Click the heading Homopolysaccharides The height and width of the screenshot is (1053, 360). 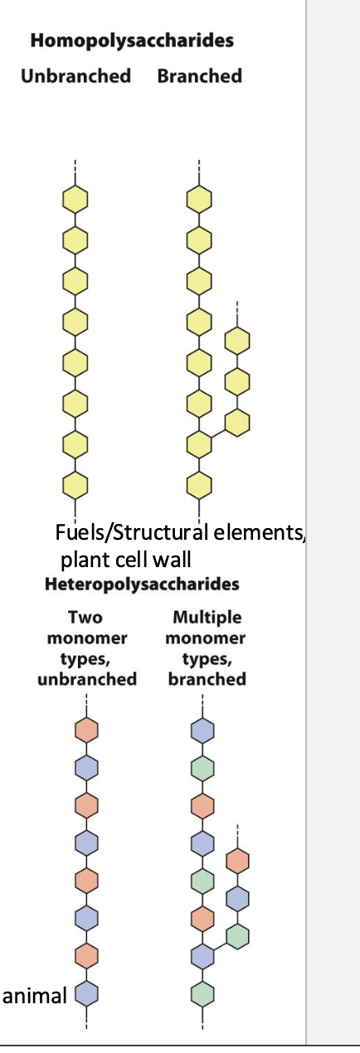pyautogui.click(x=132, y=41)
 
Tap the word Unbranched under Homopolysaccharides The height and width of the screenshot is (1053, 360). pyautogui.click(x=75, y=75)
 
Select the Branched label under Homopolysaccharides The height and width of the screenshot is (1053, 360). pyautogui.click(x=200, y=75)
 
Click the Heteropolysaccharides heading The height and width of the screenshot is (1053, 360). pyautogui.click(x=142, y=584)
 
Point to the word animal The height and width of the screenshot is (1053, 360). pyautogui.click(x=35, y=996)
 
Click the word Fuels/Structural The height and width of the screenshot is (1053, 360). pyautogui.click(x=132, y=533)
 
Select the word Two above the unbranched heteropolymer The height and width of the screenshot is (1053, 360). pyautogui.click(x=85, y=617)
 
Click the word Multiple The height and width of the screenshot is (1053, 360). pyautogui.click(x=207, y=617)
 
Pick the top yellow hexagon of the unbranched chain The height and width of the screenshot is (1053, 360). pyautogui.click(x=75, y=199)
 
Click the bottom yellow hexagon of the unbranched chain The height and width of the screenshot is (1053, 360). pyautogui.click(x=75, y=485)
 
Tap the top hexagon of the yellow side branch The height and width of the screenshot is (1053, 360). pyautogui.click(x=237, y=341)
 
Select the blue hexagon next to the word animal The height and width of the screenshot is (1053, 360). pyautogui.click(x=86, y=993)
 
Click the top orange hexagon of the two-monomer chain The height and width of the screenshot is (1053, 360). pyautogui.click(x=86, y=730)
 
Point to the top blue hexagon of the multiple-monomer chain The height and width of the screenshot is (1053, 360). pyautogui.click(x=203, y=730)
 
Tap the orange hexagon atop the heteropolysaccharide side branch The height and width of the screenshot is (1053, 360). pyautogui.click(x=237, y=861)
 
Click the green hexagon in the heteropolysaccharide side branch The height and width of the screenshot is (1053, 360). pyautogui.click(x=237, y=936)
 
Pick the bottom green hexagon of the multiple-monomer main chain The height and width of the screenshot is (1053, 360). pyautogui.click(x=203, y=994)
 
